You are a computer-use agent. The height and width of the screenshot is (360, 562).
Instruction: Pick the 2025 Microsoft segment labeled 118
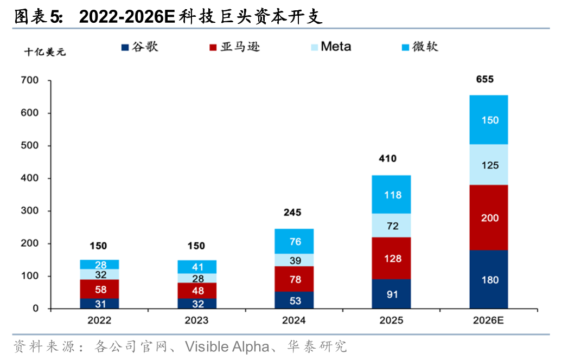coord(391,195)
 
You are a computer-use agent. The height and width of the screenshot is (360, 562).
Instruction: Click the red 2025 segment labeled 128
coord(391,258)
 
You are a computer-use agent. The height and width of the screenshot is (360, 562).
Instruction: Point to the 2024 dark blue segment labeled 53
coord(294,300)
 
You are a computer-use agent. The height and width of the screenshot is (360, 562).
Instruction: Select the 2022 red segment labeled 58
coord(99,289)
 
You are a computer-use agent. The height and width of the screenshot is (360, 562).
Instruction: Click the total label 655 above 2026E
coord(484,79)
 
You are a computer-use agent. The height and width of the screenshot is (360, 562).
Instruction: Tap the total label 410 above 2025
coord(387,159)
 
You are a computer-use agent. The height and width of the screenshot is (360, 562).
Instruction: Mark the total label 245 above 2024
coord(292,212)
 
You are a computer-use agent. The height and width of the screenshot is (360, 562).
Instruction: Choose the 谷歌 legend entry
coord(140,47)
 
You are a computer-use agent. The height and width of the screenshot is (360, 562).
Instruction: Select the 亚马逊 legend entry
coord(234,47)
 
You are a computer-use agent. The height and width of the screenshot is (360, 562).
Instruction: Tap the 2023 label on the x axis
coord(196,320)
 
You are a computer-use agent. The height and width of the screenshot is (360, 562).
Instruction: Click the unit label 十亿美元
coord(44,52)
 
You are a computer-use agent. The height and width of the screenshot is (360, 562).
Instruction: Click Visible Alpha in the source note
coord(227,346)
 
